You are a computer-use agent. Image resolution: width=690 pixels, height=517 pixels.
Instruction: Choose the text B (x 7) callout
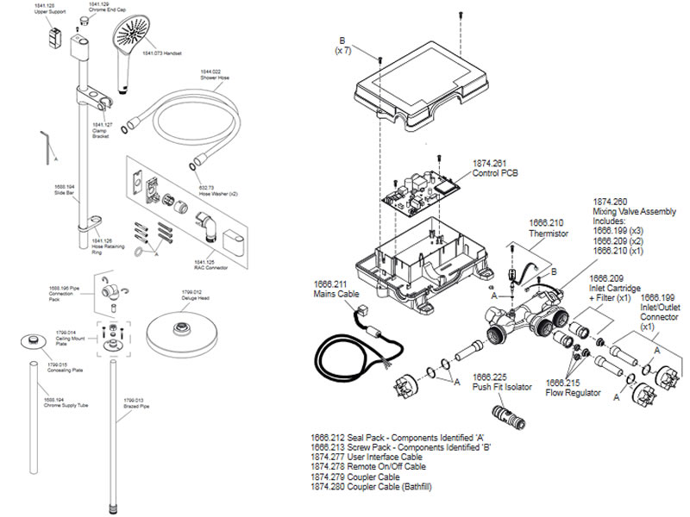[x=342, y=45]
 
